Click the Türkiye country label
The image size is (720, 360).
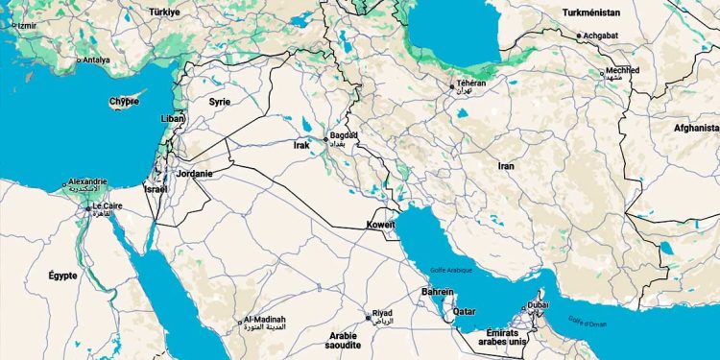pos(165,12)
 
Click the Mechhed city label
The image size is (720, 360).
pos(622,71)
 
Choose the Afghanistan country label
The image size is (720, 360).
pos(695,127)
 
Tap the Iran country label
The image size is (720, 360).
pos(506,166)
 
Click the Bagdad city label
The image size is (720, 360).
pos(343,136)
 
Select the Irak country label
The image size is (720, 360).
pos(301,146)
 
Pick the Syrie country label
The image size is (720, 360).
pos(220,101)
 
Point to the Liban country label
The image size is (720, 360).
pos(172,119)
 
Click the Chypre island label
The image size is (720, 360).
pos(123,101)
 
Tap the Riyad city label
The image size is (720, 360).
pos(382,313)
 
